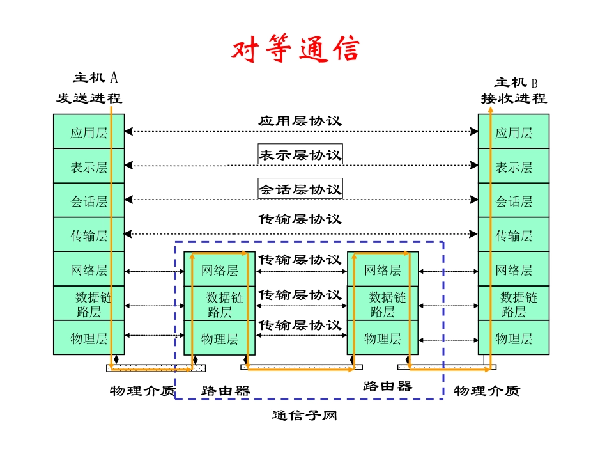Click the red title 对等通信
(295, 50)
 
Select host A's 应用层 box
(89, 132)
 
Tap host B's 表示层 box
(514, 167)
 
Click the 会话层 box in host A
(89, 201)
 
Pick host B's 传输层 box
(514, 235)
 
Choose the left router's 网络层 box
(220, 270)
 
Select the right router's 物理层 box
(383, 338)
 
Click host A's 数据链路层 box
(89, 304)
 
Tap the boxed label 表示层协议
(300, 154)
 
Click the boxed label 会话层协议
(300, 189)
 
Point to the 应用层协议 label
(300, 120)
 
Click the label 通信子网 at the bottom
(304, 416)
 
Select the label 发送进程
(89, 98)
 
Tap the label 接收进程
(514, 98)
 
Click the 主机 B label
(516, 83)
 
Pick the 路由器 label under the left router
(225, 390)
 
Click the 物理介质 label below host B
(487, 390)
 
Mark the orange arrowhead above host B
(491, 111)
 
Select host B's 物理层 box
(514, 338)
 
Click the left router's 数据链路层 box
(220, 304)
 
